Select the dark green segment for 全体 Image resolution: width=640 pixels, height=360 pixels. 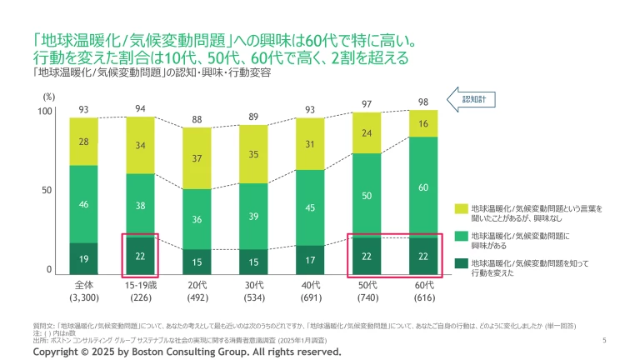click(83, 258)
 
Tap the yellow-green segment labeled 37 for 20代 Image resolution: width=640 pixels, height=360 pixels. click(197, 158)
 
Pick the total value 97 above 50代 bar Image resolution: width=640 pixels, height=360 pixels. click(367, 103)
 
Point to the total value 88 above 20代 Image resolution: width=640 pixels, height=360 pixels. click(197, 119)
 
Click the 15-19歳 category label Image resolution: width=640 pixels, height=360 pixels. click(141, 284)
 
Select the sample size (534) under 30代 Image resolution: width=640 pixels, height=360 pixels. click(254, 296)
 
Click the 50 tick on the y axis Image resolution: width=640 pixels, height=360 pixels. click(47, 191)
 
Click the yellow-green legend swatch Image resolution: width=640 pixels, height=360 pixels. click(460, 209)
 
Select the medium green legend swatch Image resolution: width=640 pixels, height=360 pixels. click(460, 238)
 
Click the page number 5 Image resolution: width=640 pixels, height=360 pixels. click(603, 340)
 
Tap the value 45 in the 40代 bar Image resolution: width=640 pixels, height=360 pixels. click(311, 207)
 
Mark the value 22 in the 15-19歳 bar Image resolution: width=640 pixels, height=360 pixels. click(141, 256)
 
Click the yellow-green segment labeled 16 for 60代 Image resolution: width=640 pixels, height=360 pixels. click(424, 123)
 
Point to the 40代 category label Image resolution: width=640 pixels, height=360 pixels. click(311, 284)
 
